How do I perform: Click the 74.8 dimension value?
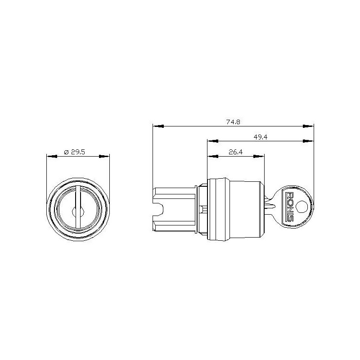tap(233, 121)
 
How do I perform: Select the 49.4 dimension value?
tap(260, 137)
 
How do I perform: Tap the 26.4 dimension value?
tap(235, 152)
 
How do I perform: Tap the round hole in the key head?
tap(304, 206)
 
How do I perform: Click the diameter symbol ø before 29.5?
tap(66, 152)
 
